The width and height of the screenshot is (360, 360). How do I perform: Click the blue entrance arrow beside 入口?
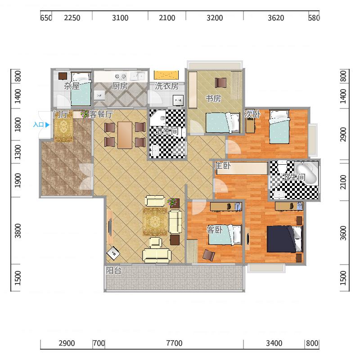[x=47, y=125]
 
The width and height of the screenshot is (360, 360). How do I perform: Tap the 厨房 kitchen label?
[x=120, y=86]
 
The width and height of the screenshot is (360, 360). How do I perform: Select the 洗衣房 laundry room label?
[x=166, y=86]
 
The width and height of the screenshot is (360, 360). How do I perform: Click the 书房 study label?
[x=213, y=99]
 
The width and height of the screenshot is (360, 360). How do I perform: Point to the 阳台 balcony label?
[x=114, y=270]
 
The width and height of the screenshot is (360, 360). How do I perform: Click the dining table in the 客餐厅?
[x=125, y=135]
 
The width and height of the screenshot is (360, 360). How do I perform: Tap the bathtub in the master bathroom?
[x=306, y=173]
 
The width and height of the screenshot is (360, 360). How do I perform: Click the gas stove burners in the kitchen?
[x=121, y=76]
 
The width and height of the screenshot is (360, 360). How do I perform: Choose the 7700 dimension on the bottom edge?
[x=174, y=343]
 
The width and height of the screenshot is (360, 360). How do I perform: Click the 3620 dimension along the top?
[x=276, y=18]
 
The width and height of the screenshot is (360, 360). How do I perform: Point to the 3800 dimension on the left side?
[x=18, y=231]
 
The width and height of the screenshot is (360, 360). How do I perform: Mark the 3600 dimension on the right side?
[x=343, y=233]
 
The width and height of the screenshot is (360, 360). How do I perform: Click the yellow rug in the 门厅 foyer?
[x=63, y=126]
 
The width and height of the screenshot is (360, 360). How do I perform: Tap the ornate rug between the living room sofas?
[x=155, y=221]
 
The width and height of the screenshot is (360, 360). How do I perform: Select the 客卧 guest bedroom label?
[x=215, y=229]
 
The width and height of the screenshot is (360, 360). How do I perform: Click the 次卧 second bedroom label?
[x=252, y=114]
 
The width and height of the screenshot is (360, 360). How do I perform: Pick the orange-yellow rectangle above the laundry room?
[x=166, y=75]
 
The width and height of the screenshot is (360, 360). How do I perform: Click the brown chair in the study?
[x=220, y=83]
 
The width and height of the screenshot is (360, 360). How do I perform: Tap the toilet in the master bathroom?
[x=282, y=167]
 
